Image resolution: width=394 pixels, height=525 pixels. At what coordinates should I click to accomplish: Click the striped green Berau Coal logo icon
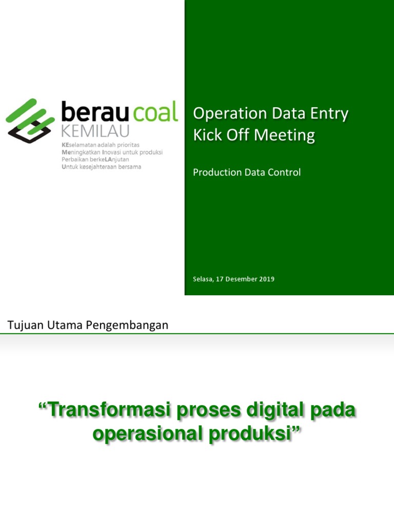click(x=30, y=120)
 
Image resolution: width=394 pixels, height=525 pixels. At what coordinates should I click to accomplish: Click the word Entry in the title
click(x=330, y=114)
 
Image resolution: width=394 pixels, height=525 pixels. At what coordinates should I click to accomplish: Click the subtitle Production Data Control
click(x=247, y=172)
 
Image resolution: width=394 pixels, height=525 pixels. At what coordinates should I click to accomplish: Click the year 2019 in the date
click(x=266, y=279)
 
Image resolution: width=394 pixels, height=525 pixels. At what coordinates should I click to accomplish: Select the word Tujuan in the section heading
click(x=23, y=325)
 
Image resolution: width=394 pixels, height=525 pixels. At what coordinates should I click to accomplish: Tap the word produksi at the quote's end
click(x=250, y=434)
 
